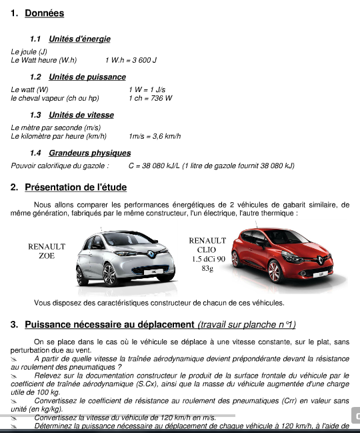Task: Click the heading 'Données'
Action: point(44,13)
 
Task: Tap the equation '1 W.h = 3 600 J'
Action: point(135,60)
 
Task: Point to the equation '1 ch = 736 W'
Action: point(150,98)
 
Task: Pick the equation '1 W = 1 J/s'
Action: point(147,89)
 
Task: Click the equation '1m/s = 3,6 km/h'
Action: point(155,136)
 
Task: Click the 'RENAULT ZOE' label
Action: point(47,252)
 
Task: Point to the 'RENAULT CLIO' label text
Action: point(207,245)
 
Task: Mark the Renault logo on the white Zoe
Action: point(153,255)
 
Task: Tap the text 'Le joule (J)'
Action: point(29,51)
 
